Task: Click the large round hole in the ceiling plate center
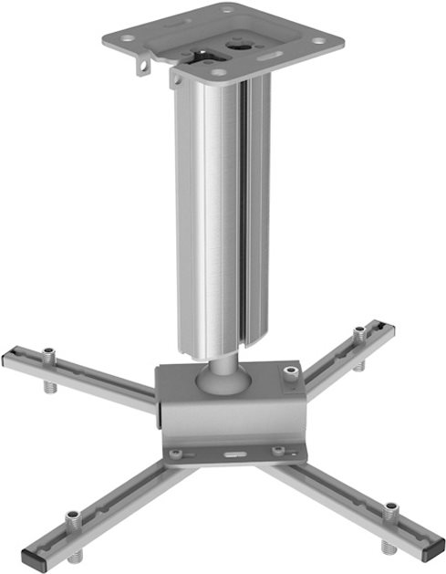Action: tap(242, 40)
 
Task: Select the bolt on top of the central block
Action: tap(290, 373)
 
